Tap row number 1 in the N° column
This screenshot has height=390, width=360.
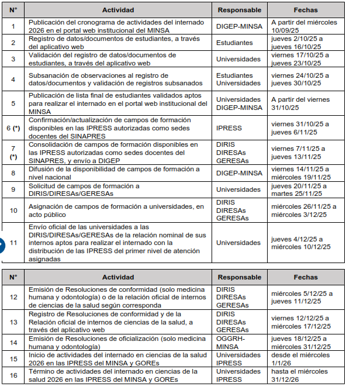(x=13, y=26)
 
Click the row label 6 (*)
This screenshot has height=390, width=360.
(x=13, y=127)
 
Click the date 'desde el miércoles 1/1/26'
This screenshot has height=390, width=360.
(x=300, y=358)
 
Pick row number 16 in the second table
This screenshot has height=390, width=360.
(x=13, y=375)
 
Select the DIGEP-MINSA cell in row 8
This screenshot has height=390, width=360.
(x=239, y=172)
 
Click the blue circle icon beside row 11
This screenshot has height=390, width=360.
(x=2, y=242)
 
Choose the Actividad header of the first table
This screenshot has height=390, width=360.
(x=118, y=10)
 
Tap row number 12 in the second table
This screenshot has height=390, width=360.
(x=13, y=297)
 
